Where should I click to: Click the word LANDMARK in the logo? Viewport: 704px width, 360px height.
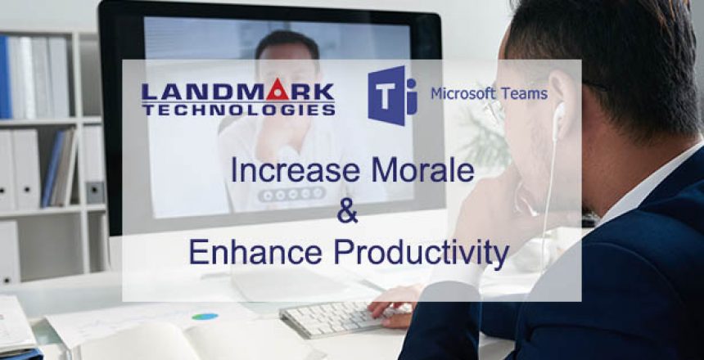(x=237, y=89)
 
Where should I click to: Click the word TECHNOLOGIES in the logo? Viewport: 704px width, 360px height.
(x=237, y=109)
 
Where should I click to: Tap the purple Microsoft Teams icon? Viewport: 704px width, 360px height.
(x=390, y=95)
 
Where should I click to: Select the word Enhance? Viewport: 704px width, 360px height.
(x=246, y=253)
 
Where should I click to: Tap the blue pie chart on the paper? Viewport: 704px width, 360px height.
(x=205, y=316)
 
